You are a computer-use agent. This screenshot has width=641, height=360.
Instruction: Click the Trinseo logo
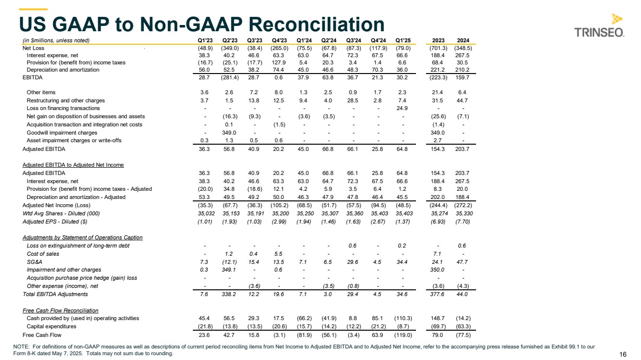pyautogui.click(x=599, y=26)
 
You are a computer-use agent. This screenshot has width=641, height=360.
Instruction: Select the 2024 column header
pyautogui.click(x=463, y=40)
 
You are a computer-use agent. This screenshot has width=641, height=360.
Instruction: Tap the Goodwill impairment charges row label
pyautogui.click(x=62, y=133)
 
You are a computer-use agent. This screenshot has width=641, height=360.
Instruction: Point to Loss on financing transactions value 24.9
pyautogui.click(x=402, y=108)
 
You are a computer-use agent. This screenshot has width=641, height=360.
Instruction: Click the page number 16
pyautogui.click(x=623, y=354)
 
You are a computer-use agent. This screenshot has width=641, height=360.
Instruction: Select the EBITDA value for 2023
pyautogui.click(x=438, y=78)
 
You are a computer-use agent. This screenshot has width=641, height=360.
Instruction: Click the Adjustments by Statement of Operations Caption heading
pyautogui.click(x=82, y=237)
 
